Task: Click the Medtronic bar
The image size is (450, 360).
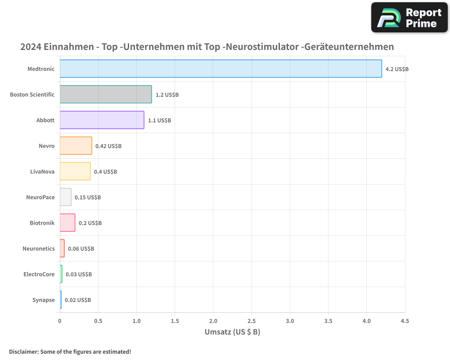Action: (220, 69)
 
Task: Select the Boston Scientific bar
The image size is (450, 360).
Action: (106, 94)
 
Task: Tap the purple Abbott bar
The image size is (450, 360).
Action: (102, 120)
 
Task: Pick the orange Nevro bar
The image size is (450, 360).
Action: (76, 146)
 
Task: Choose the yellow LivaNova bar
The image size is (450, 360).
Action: (75, 171)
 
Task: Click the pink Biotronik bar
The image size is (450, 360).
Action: (67, 223)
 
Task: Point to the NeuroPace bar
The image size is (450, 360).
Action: (66, 197)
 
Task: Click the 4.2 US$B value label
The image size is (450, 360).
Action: (397, 69)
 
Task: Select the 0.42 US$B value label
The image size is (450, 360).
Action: (108, 146)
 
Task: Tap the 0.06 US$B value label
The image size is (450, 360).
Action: (81, 249)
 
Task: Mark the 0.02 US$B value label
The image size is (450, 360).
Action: (78, 300)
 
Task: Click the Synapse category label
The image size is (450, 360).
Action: (43, 300)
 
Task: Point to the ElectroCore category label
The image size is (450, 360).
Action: (39, 274)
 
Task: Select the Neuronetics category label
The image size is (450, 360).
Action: (39, 249)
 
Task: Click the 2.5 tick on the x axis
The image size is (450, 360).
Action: (252, 321)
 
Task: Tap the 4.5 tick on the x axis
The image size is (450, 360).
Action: (405, 321)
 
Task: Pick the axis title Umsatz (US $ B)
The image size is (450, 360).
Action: (232, 332)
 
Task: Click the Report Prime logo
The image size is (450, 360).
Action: (409, 18)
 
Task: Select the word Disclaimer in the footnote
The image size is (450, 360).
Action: (23, 351)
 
